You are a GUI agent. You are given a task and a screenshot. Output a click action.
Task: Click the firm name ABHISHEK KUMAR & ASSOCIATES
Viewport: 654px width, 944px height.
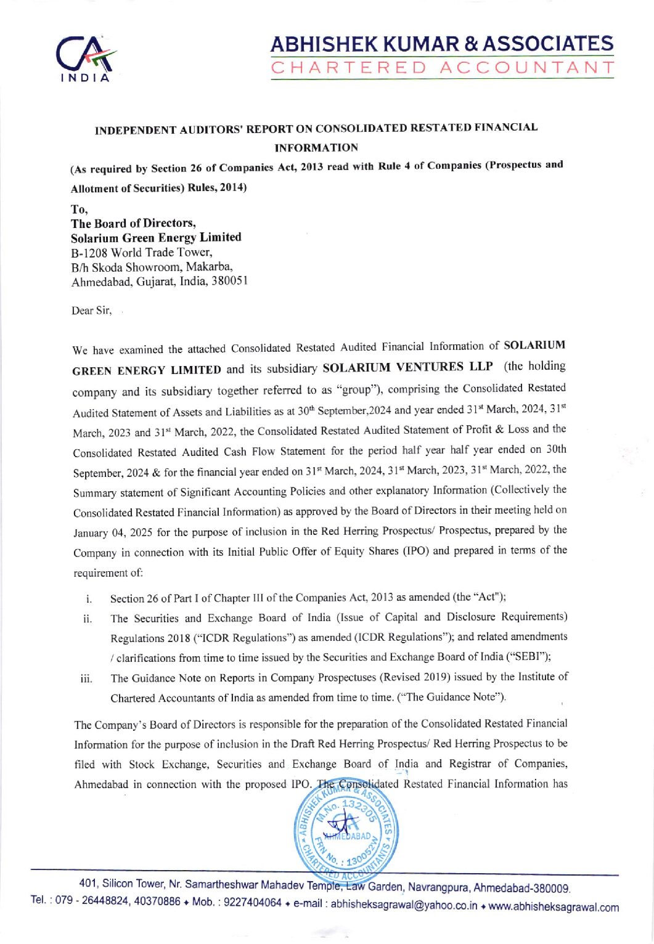point(442,44)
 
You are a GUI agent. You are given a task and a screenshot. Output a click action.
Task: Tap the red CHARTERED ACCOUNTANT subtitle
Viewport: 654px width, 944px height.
point(442,67)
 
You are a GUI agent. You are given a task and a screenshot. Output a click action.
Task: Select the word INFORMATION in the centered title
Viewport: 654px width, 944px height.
point(316,148)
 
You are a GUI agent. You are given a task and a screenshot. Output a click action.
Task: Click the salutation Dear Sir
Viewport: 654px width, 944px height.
point(91,311)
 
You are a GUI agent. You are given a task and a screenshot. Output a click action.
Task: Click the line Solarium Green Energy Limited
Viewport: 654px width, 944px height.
point(156,237)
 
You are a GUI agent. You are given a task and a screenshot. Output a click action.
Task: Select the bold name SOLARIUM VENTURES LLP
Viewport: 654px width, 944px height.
point(407,367)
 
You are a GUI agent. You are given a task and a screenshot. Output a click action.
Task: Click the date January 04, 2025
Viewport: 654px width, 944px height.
point(115,532)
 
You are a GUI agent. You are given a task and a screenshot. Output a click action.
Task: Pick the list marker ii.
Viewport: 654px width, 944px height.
point(88,618)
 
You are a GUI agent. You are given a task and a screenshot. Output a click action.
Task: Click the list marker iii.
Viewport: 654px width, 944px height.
point(86,679)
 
